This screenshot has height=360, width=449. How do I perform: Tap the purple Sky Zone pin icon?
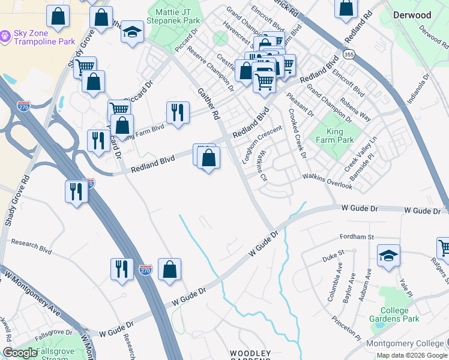[x=5, y=37]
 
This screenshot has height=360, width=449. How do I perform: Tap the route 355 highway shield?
[x=348, y=55]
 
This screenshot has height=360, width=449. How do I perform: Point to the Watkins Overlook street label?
[x=327, y=181]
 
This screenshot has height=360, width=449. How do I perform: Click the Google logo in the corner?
[x=19, y=353]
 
